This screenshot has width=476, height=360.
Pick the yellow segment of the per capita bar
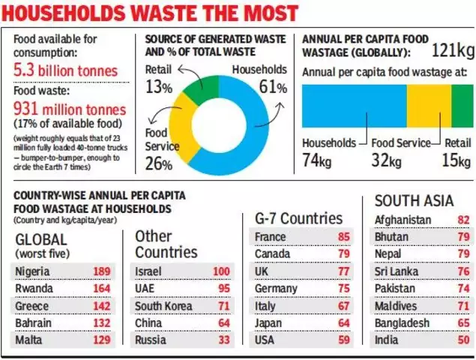point(429,106)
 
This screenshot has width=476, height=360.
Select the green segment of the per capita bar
point(463,106)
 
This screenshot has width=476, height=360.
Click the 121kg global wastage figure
point(452,51)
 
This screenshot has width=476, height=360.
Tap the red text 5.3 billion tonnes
point(67,70)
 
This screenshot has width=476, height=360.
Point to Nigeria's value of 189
point(101,271)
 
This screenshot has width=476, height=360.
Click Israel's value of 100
point(221,271)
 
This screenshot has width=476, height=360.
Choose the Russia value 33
point(224,340)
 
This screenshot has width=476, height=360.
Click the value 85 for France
point(344,237)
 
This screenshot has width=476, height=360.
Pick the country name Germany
point(277,289)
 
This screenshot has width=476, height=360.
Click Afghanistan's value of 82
point(463,220)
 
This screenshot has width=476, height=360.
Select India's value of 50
point(463,340)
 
